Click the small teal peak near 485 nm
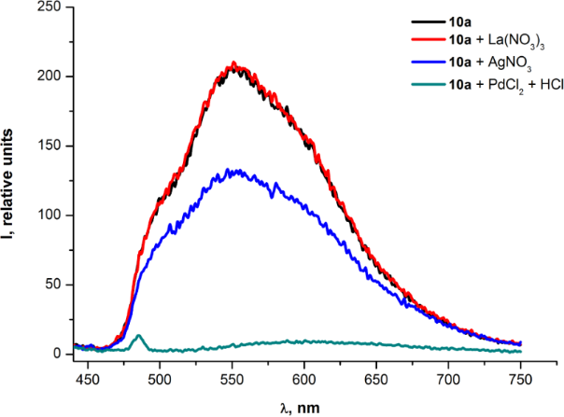138,336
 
